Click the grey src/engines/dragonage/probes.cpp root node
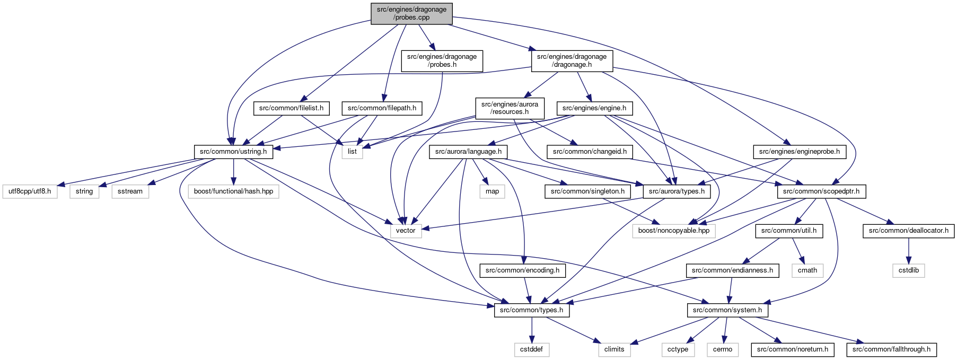coord(411,13)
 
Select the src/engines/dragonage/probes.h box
coord(442,60)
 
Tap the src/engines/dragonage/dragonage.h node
coord(572,60)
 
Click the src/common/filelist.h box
coord(291,108)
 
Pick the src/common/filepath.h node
coord(382,108)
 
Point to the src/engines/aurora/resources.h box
coord(510,108)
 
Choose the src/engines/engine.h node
coord(594,108)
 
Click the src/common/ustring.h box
coord(233,152)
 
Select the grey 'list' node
coord(352,152)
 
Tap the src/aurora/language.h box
coord(468,152)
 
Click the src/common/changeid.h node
coord(590,152)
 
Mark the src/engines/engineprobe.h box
coord(800,152)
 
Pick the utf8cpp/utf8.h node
coord(30,191)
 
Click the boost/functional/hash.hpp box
coord(233,191)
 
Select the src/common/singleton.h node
coord(587,191)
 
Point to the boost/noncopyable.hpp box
coord(674,231)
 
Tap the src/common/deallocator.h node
coord(909,231)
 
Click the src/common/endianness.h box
coord(732,270)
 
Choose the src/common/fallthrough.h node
coord(891,349)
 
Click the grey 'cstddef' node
coord(531,349)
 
